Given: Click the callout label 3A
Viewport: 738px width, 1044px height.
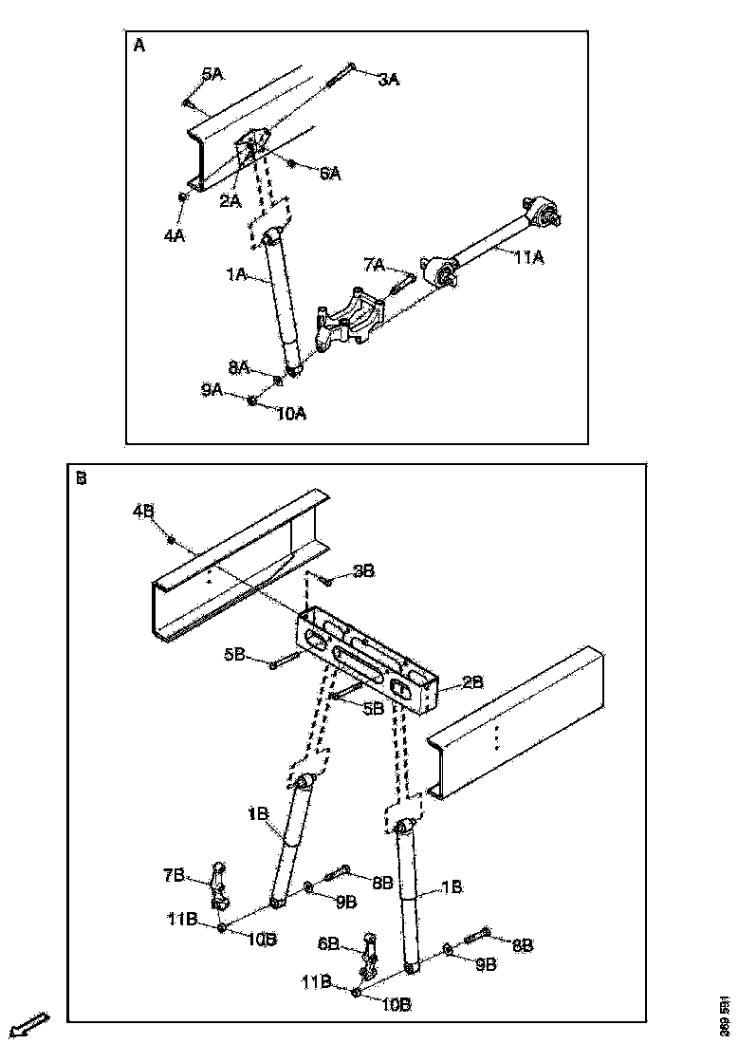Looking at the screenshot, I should [388, 81].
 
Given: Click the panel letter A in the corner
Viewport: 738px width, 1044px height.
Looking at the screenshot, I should [139, 47].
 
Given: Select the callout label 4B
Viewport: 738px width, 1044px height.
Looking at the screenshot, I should [143, 512].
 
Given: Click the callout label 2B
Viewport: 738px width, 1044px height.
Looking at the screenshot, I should [472, 681].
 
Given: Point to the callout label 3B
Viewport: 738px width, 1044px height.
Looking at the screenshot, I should [364, 570].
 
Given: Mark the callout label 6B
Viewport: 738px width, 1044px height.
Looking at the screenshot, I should [328, 944].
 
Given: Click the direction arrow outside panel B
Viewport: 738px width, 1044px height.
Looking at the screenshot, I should [29, 1026].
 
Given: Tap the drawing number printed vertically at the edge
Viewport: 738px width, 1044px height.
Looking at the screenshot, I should [725, 1015].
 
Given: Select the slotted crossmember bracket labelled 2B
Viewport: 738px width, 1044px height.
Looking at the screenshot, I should [370, 655].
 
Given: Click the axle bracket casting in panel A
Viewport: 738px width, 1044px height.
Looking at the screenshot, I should [353, 323].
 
